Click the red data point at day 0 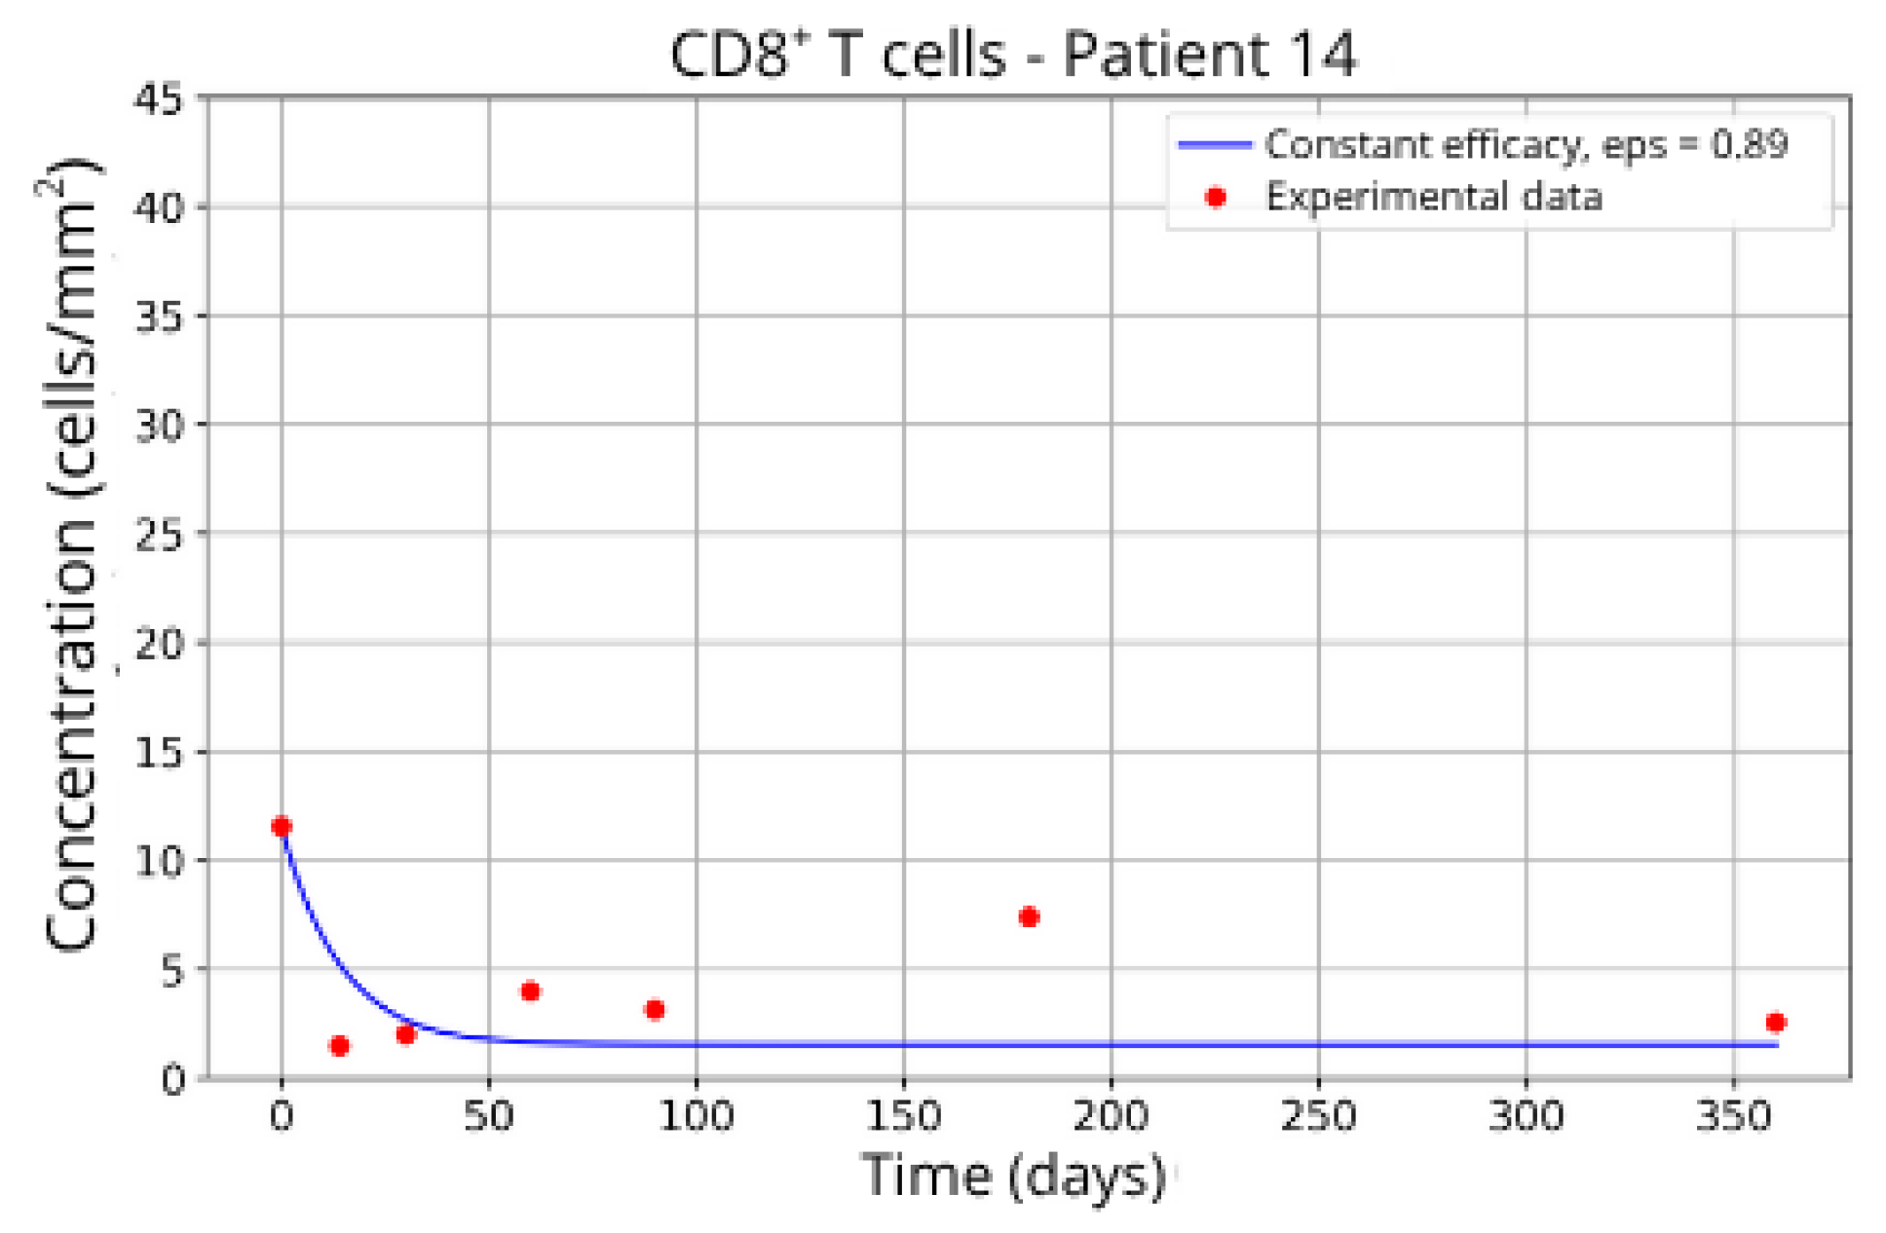pos(281,827)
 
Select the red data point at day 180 pos(1028,916)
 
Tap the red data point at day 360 pos(1775,1022)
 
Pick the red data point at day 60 pos(530,990)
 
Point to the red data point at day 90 pos(655,1009)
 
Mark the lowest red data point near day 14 pos(339,1045)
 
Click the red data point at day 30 pos(406,1033)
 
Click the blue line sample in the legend pos(1214,145)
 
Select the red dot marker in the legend pos(1215,198)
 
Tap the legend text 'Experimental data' pos(1433,198)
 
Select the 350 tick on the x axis pos(1733,1116)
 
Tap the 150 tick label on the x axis pos(903,1116)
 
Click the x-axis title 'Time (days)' pos(1013,1175)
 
